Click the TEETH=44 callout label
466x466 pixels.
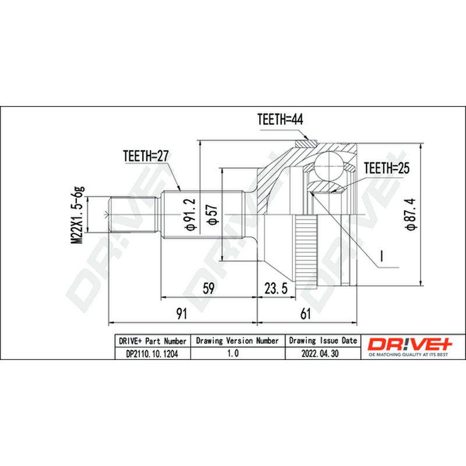pyautogui.click(x=280, y=119)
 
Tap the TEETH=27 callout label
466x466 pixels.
pyautogui.click(x=146, y=156)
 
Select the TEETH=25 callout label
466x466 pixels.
pyautogui.click(x=386, y=168)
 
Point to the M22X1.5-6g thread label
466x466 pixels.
pyautogui.click(x=77, y=215)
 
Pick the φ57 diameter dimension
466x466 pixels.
pyautogui.click(x=213, y=214)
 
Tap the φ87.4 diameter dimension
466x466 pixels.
pyautogui.click(x=412, y=214)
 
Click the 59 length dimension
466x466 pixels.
pyautogui.click(x=209, y=288)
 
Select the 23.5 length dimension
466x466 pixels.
pyautogui.click(x=276, y=288)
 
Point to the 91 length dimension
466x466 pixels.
pyautogui.click(x=182, y=314)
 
